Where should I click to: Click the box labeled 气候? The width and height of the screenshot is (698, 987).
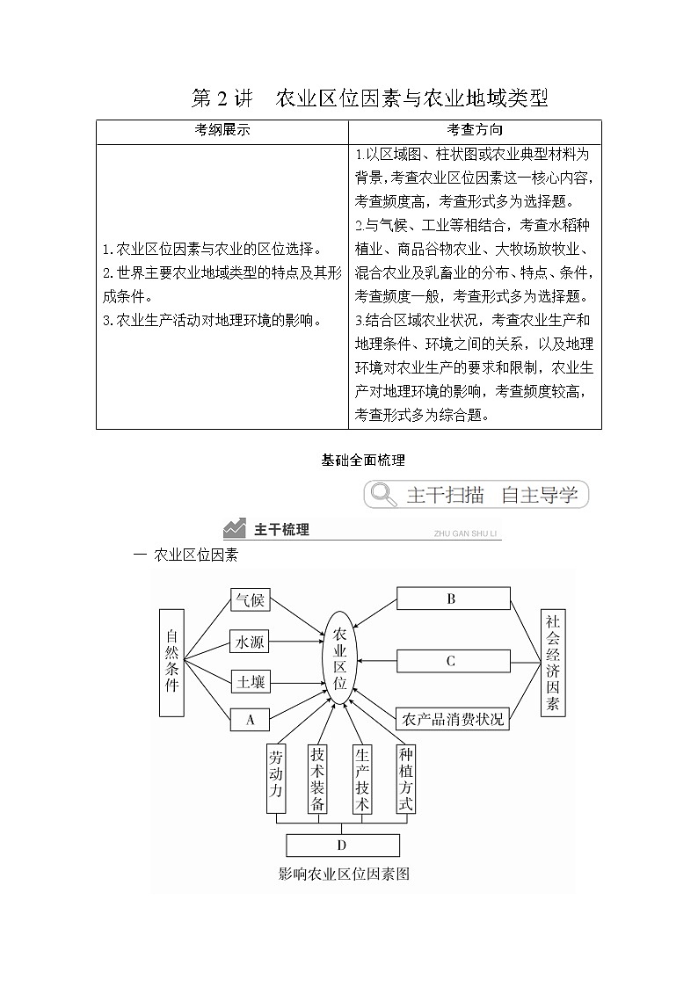249,600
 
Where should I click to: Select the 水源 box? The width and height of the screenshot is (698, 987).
249,642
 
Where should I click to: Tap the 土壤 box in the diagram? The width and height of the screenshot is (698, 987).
249,681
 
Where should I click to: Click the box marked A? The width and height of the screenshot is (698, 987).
250,720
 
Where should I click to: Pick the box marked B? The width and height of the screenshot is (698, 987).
453,599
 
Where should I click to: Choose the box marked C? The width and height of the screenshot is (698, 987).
453,661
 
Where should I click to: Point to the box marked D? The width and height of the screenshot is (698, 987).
343,845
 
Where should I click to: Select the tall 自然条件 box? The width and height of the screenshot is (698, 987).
172,661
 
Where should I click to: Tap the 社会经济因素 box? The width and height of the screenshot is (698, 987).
552,661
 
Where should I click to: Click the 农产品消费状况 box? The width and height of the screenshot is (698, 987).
453,719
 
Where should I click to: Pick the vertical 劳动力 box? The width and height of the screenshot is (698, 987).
276,780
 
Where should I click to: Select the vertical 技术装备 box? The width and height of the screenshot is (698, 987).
318,780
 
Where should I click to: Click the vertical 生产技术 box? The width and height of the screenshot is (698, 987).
362,780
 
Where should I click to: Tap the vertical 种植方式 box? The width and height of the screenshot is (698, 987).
405,780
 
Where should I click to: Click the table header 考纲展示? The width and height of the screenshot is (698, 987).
222,130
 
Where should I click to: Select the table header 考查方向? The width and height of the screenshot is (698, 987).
475,130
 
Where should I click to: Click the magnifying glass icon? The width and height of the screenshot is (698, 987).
383,495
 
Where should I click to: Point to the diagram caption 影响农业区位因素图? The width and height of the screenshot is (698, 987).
344,874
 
